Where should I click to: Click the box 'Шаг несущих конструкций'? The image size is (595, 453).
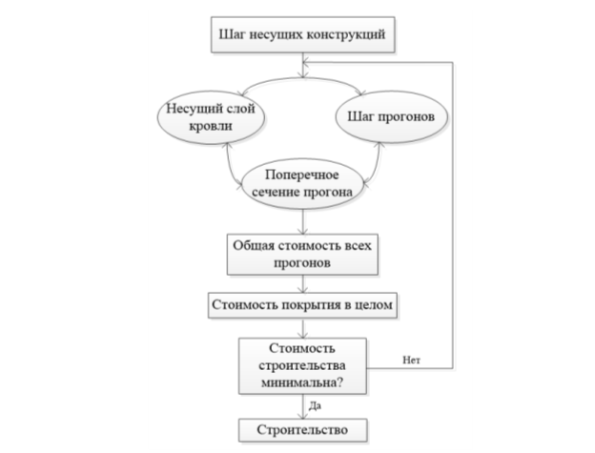[x=303, y=34]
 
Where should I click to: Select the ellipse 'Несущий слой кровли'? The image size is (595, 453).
[x=211, y=117]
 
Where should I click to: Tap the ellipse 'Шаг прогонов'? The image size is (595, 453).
[x=391, y=116]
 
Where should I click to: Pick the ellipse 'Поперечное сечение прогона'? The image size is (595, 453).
[x=302, y=183]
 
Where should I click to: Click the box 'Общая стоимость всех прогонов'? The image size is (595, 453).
[x=302, y=255]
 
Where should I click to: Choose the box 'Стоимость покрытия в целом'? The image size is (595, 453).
[x=302, y=305]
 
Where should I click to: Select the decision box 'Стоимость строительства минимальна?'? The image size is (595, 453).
[x=302, y=366]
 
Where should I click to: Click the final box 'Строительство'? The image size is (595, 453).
[x=303, y=430]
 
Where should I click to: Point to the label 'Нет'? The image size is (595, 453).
[x=411, y=360]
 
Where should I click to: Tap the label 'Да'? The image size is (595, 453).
[x=315, y=406]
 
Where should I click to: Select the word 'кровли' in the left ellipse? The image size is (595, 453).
[x=211, y=126]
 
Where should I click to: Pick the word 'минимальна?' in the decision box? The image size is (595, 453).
[x=302, y=382]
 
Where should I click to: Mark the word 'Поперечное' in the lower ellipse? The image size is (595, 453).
[x=302, y=175]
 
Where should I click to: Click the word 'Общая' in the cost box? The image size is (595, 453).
[x=254, y=246]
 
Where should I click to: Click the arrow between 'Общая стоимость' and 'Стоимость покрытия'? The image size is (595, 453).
[x=303, y=283]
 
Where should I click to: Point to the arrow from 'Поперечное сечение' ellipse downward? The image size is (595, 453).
[x=303, y=221]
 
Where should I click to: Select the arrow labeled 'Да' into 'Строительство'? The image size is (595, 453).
[x=303, y=406]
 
